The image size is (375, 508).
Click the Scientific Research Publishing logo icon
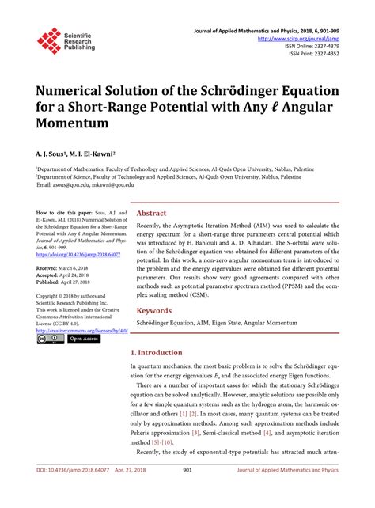49,40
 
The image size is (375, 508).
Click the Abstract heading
152,214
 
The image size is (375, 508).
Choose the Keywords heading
156,311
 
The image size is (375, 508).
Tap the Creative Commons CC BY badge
50,340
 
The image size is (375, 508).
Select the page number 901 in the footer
187,492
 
